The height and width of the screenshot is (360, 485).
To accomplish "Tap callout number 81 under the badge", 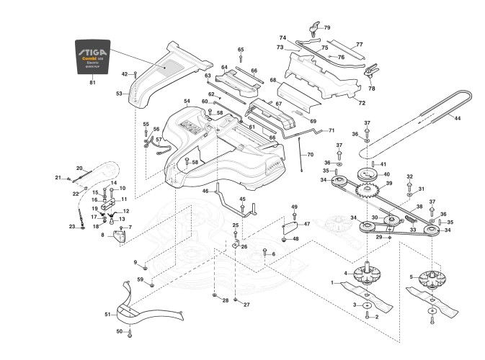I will click(92, 83).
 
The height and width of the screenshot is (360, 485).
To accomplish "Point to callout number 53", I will click(119, 94).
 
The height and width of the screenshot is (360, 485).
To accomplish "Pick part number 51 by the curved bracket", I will click(107, 315).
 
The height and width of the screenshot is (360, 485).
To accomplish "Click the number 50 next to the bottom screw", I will click(119, 331).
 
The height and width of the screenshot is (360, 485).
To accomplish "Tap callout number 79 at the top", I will click(327, 27).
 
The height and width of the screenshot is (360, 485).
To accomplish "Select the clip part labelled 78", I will click(371, 73).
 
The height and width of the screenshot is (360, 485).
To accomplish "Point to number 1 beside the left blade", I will click(333, 283).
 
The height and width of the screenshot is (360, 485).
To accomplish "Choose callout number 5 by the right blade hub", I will click(411, 276).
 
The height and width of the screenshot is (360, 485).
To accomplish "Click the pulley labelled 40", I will click(370, 174).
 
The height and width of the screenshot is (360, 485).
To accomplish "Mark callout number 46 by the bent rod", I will click(205, 191).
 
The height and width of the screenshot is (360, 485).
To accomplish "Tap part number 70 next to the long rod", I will click(311, 155).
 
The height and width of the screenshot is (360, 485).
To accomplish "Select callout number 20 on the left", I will click(79, 168).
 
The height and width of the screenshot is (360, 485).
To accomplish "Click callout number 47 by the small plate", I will click(306, 225).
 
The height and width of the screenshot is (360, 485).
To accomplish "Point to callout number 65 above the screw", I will click(241, 49).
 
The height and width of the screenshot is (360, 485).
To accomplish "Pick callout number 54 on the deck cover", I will click(187, 102).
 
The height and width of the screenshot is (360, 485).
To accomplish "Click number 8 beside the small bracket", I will click(102, 235).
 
